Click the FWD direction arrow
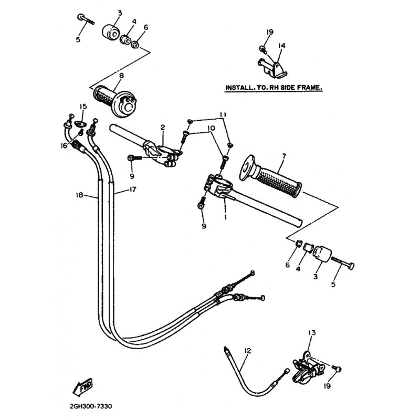pos(83,387)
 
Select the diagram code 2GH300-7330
pos(91,406)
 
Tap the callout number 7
pos(284,155)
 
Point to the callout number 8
pos(122,76)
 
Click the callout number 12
pos(248,351)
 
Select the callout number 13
pos(312,333)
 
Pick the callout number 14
pos(281,46)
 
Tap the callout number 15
pos(83,107)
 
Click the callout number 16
pos(64,146)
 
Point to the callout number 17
pos(133,190)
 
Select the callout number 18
pos(80,195)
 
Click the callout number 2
pos(163,127)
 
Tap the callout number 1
pos(226,216)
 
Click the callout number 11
pos(223,115)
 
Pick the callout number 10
pos(212,128)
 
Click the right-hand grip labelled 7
pos(270,176)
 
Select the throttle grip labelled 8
pos(115,101)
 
